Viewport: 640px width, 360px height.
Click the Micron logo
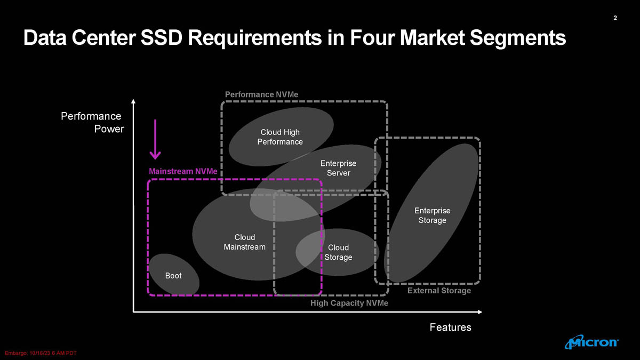tap(591, 342)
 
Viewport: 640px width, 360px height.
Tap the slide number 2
tap(615, 19)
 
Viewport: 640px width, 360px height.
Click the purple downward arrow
tap(155, 139)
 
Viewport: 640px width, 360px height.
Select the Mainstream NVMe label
tap(183, 172)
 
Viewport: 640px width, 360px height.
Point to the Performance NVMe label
tap(261, 94)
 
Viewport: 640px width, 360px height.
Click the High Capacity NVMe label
tap(349, 303)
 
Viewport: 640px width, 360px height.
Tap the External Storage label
tap(439, 291)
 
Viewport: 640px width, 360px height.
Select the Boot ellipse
tap(173, 275)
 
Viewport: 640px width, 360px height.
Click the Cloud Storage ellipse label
tap(338, 252)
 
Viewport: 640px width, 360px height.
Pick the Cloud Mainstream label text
tap(245, 242)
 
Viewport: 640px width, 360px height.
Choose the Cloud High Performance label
tap(280, 137)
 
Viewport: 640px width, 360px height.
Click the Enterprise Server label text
tap(338, 168)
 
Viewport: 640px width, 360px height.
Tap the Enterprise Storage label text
tap(432, 215)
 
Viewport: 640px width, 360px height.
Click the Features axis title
tap(451, 327)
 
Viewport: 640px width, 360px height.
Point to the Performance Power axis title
tap(92, 123)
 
